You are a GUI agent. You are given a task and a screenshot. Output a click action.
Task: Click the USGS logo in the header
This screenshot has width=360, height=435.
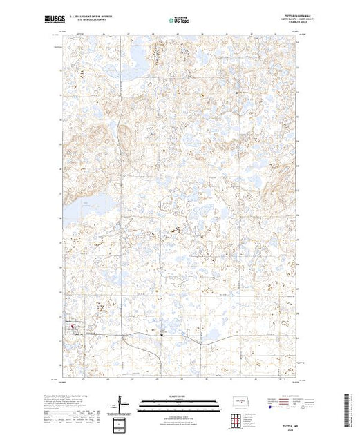[x=70, y=18]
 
